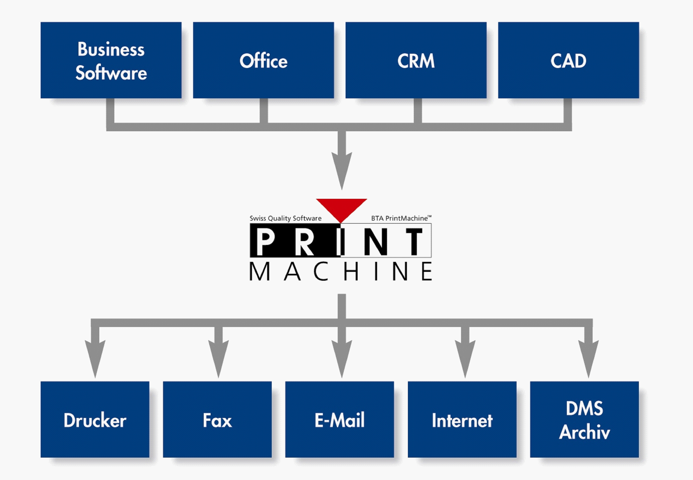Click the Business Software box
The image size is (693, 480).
(x=111, y=60)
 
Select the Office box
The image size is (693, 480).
(x=263, y=60)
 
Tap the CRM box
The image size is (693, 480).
(x=416, y=60)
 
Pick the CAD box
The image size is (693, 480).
(x=568, y=60)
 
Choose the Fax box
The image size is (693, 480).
(x=217, y=420)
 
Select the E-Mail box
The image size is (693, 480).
(x=339, y=420)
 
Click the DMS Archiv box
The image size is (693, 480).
(x=584, y=420)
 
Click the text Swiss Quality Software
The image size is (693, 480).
(x=285, y=218)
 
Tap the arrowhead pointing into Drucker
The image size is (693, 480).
(x=95, y=356)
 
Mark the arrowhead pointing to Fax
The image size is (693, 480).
(x=218, y=356)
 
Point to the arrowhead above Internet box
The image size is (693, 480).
(x=465, y=356)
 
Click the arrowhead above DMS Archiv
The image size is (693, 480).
(x=588, y=356)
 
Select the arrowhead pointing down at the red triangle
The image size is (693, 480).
(x=342, y=168)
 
